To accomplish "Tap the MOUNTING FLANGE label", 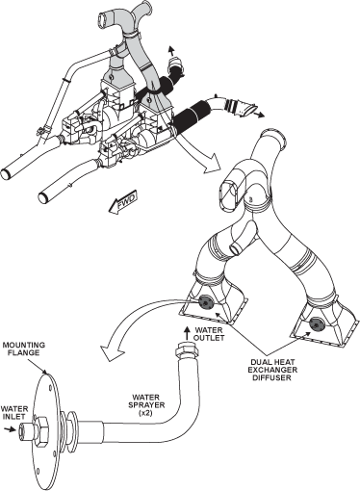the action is tap(24, 349).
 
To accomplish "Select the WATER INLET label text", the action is tap(14, 413).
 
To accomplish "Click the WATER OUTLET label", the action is tap(210, 334).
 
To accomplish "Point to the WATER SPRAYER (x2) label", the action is tap(146, 405).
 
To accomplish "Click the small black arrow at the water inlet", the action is tap(11, 429).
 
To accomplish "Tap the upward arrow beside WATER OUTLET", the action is tap(187, 334).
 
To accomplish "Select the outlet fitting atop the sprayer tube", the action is tap(187, 351).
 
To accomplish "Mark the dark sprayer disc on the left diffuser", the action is tap(205, 302).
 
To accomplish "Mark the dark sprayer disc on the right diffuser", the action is tap(316, 324).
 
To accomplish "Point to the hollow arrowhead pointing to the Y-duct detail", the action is tap(213, 164).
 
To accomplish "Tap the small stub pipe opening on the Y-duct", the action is tap(237, 248).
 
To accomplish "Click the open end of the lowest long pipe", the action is tap(44, 197).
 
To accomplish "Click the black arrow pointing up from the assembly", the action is tap(170, 51).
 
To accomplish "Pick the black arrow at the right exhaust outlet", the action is tap(258, 114).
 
